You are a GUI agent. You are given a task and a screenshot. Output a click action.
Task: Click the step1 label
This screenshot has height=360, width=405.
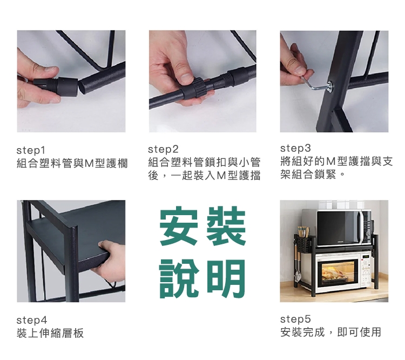click(x=31, y=150)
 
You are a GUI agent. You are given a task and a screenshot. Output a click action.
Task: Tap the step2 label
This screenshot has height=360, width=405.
click(x=163, y=149)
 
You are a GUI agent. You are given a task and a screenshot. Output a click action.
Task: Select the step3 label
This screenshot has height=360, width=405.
click(x=295, y=148)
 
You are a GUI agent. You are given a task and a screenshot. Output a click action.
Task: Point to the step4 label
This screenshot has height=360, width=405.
click(x=32, y=320)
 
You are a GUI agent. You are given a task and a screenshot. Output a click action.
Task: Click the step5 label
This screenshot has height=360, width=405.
click(x=295, y=319)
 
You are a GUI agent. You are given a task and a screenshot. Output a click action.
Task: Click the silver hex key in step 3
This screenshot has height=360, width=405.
click(x=316, y=83)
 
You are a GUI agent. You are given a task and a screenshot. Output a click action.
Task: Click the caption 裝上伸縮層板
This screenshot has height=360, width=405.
click(x=50, y=333)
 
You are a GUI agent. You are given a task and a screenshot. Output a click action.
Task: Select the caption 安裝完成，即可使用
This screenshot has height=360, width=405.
click(x=330, y=332)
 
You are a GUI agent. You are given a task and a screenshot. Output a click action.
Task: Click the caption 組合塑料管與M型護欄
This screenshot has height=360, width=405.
click(x=72, y=163)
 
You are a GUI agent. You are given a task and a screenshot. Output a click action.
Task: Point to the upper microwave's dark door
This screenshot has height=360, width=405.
click(x=339, y=228)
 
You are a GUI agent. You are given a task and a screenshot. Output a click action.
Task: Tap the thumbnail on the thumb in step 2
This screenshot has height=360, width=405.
click(x=186, y=78)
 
